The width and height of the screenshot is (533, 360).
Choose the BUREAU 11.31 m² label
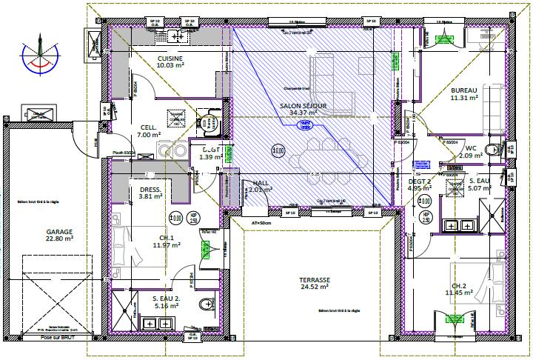point(464,93)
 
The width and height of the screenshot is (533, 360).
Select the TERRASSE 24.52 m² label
point(313,284)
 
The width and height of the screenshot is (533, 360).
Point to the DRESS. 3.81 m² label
point(150,193)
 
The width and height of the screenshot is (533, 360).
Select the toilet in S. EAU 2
point(205,304)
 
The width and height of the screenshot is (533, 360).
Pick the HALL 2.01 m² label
point(261,186)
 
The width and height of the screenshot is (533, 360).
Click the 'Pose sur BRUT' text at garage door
point(58,336)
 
